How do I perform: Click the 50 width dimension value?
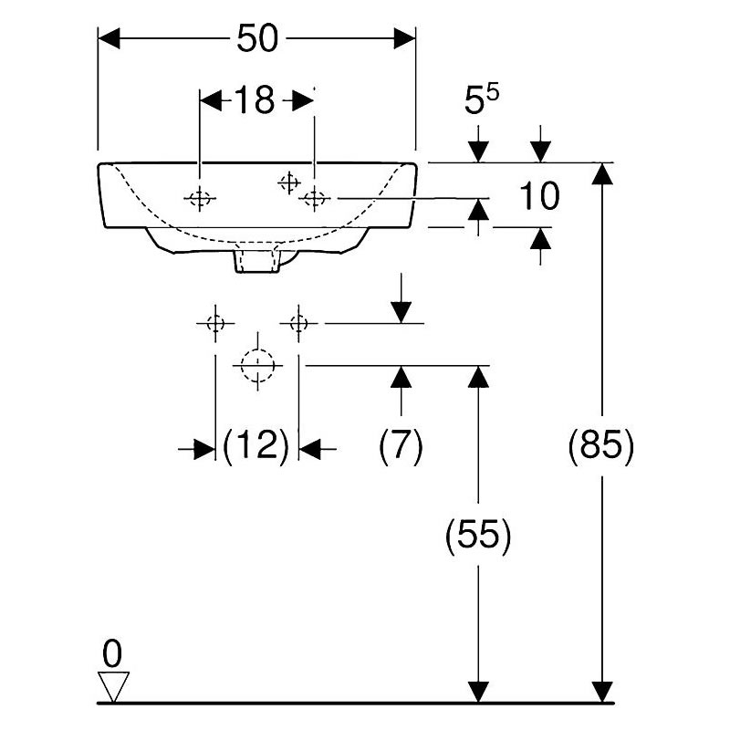click(257, 38)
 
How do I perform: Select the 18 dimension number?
click(255, 99)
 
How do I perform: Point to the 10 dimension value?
click(539, 195)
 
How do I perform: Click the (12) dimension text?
click(256, 445)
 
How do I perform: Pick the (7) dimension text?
click(401, 445)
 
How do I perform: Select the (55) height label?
click(478, 535)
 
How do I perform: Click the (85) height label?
click(601, 445)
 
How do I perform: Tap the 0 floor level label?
click(112, 653)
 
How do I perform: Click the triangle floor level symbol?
click(113, 686)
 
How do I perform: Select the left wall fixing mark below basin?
click(215, 323)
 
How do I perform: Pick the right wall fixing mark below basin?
click(298, 323)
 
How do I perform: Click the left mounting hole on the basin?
click(200, 199)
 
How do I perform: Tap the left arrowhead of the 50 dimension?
click(109, 38)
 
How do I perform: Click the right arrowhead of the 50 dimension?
click(404, 38)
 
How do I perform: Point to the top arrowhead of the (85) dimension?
click(602, 173)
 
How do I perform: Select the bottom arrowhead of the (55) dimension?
click(478, 692)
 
